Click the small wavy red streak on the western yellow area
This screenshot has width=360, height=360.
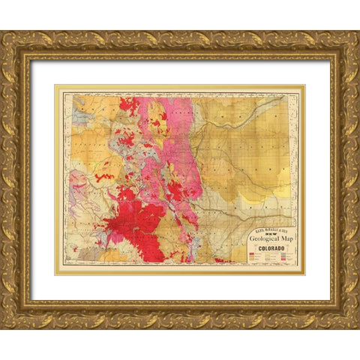103,178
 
